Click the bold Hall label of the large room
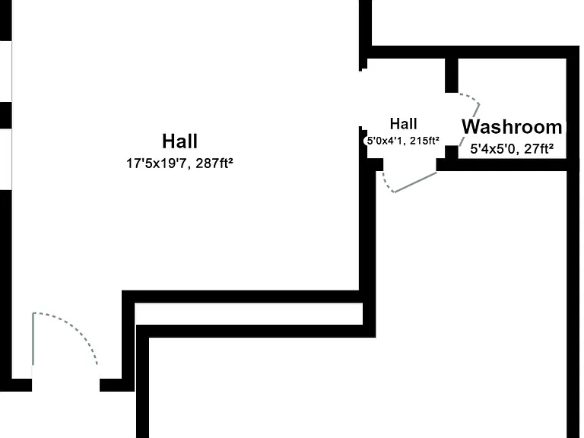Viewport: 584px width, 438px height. [x=180, y=141]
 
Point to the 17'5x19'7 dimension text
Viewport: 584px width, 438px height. [x=156, y=163]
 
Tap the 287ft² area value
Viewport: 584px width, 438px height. [x=214, y=163]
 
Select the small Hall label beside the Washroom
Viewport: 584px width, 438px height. [x=403, y=124]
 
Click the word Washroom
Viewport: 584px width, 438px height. [x=512, y=127]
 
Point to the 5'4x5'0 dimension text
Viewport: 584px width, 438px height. [x=493, y=149]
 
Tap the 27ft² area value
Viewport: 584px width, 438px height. [x=538, y=149]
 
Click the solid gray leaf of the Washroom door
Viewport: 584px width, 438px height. [x=469, y=125]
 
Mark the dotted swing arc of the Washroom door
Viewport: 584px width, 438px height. [x=469, y=97]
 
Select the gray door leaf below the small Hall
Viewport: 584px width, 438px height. [x=415, y=182]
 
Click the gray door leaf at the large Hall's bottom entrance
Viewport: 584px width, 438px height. [x=33, y=339]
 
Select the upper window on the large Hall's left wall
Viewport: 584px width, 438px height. [x=6, y=71]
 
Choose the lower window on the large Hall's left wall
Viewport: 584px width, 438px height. [x=6, y=159]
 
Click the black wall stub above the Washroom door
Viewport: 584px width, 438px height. [x=452, y=75]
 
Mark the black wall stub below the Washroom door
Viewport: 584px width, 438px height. [x=452, y=152]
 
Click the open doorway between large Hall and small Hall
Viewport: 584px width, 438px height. [x=363, y=98]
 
